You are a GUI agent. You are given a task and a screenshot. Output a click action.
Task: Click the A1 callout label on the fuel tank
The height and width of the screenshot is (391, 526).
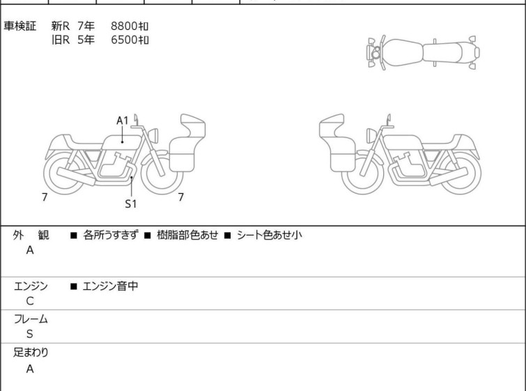pos(123,121)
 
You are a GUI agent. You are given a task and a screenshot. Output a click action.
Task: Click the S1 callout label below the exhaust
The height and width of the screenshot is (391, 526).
pos(130,204)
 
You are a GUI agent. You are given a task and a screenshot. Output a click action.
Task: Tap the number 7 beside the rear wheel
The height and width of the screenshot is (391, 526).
pos(45,197)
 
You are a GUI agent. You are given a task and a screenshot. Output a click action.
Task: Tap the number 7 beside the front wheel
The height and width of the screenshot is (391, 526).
pos(181,197)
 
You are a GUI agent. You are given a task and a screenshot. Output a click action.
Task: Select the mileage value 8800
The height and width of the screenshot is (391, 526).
pos(124,26)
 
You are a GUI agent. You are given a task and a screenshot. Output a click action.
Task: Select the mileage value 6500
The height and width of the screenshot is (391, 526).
pos(124,40)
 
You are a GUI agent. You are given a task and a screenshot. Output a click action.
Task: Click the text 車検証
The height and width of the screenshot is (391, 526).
pos(20,26)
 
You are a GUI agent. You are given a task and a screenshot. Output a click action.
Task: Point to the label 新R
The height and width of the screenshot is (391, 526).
pos(61,26)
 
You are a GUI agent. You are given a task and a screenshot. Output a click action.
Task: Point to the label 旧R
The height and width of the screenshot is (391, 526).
pos(61,40)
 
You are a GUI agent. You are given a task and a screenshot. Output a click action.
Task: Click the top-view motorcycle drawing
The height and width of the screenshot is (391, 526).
pos(423,53)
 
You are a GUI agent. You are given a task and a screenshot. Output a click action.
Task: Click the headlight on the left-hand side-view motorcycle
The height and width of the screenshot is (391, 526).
pos(153,136)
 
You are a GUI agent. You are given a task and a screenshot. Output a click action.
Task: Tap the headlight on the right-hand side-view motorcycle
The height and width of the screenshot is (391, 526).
pos(371,136)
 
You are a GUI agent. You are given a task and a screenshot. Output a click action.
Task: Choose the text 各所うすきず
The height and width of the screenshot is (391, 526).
pos(111,235)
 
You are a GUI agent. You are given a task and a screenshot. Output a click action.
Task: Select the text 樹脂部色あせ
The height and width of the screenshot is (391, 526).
pos(187,235)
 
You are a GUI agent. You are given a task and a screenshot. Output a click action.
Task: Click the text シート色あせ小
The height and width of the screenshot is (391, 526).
pos(270,235)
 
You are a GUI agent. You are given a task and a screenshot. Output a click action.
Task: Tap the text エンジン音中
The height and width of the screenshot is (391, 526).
pos(110,286)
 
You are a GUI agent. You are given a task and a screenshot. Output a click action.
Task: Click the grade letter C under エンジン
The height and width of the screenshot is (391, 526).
pos(30,301)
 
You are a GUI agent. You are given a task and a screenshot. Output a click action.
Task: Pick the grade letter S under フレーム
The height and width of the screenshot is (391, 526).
pos(30,334)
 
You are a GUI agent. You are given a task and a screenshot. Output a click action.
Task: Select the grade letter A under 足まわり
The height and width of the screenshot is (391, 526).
pos(30,369)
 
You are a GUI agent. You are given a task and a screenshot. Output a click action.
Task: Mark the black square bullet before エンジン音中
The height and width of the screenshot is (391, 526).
pos(74,286)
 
